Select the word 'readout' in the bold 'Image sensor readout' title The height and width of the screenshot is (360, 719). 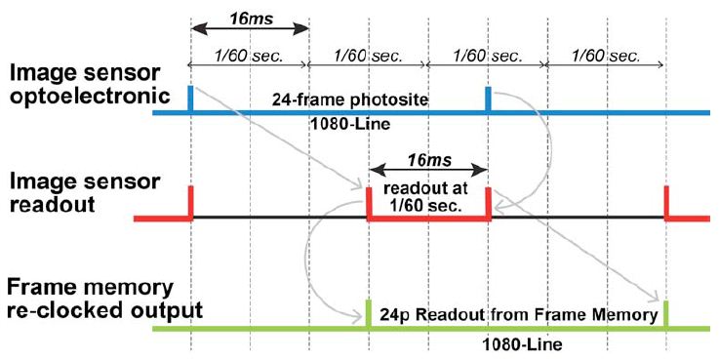point(42,205)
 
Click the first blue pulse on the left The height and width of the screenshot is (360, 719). point(190,100)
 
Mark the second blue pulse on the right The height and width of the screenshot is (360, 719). point(489,100)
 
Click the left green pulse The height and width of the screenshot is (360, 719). point(369,312)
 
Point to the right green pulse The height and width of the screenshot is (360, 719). point(666,312)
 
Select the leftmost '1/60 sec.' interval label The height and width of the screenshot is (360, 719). point(248,57)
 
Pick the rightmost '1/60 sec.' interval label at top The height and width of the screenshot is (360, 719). point(606,57)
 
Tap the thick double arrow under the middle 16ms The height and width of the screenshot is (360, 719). point(427,167)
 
